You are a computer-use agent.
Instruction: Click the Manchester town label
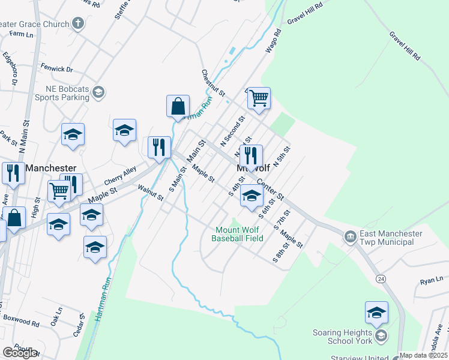pyautogui.click(x=50, y=169)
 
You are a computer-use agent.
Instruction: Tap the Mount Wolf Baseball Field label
pyautogui.click(x=238, y=234)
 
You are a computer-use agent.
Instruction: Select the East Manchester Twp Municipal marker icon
pyautogui.click(x=350, y=238)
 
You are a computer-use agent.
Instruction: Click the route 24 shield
pyautogui.click(x=381, y=279)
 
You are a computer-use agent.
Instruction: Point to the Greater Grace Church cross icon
pyautogui.click(x=77, y=24)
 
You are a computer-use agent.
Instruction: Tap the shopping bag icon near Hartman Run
pyautogui.click(x=178, y=106)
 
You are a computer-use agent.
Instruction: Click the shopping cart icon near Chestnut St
pyautogui.click(x=259, y=98)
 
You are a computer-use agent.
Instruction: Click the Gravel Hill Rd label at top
pyautogui.click(x=305, y=12)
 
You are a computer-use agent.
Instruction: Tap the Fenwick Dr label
pyautogui.click(x=56, y=69)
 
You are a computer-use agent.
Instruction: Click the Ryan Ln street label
pyautogui.click(x=431, y=280)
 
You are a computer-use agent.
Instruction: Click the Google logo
pyautogui.click(x=20, y=352)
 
